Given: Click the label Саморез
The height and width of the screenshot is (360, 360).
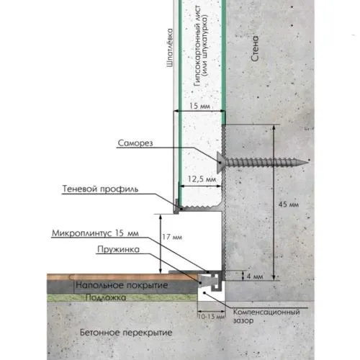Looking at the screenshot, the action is (135, 143).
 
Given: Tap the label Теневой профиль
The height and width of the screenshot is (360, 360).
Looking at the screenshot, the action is (100, 189).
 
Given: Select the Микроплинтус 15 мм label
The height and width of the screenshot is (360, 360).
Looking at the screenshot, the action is (95, 233).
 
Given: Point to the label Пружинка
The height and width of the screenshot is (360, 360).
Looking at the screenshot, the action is (118, 249).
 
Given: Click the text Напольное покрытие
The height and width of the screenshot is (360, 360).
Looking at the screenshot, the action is (122, 285).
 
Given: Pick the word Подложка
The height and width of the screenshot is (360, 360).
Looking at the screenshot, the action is (106, 297).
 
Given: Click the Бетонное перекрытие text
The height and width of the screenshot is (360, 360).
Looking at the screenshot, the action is (126, 333).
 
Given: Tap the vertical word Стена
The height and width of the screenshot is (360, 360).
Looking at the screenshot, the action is (255, 48).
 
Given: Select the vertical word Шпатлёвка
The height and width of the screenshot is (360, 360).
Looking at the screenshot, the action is (170, 48).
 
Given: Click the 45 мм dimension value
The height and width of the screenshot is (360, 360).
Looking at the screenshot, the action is (289, 204).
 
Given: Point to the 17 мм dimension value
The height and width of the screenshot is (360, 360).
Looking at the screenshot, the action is (172, 237).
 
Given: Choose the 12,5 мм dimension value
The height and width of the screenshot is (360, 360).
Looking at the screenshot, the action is (202, 179).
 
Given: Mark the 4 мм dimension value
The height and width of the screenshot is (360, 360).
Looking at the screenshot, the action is (255, 276).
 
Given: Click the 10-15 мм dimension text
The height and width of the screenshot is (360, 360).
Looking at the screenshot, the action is (212, 317).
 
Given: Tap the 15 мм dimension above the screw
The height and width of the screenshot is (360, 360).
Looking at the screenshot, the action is (199, 106).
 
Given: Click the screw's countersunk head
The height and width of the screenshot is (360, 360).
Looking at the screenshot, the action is (220, 163).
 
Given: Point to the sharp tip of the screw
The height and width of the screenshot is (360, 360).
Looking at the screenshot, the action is (308, 163).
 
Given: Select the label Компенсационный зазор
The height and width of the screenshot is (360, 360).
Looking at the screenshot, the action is (266, 316).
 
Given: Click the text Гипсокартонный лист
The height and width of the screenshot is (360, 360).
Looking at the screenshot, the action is (197, 45).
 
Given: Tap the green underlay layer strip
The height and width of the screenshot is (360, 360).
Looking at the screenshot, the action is (122, 297).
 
